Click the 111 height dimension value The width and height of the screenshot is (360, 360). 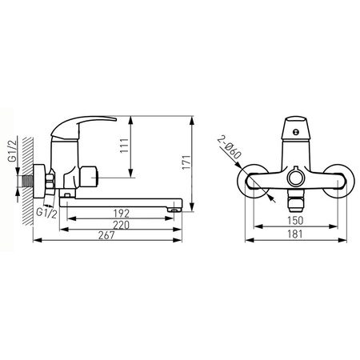pyautogui.click(x=124, y=146)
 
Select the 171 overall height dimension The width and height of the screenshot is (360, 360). pyautogui.click(x=186, y=162)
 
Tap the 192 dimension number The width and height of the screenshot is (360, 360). pyautogui.click(x=121, y=214)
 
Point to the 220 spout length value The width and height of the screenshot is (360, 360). pyautogui.click(x=121, y=225)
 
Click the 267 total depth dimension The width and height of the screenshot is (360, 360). pyautogui.click(x=106, y=235)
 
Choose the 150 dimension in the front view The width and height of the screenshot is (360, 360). pyautogui.click(x=295, y=221)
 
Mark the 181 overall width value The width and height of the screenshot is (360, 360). pyautogui.click(x=295, y=234)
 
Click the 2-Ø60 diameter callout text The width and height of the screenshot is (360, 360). pyautogui.click(x=229, y=147)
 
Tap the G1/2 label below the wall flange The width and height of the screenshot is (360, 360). pyautogui.click(x=46, y=213)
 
